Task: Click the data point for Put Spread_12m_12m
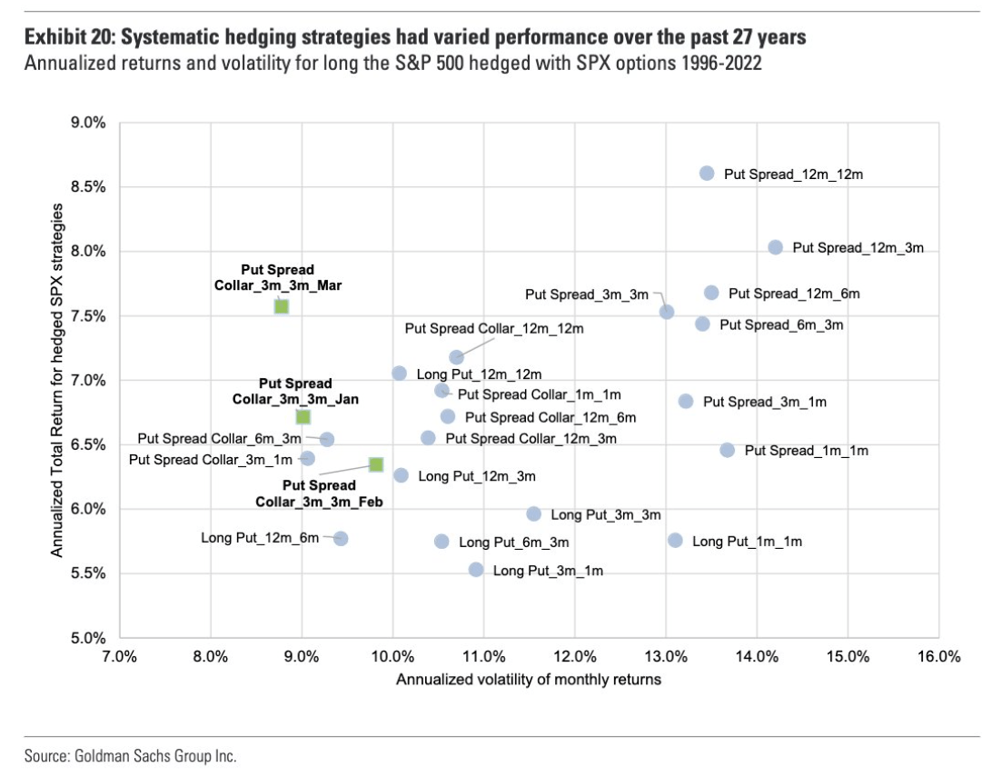(x=707, y=173)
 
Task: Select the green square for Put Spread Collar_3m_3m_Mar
(x=282, y=306)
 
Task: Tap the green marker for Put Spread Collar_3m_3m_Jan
(x=303, y=416)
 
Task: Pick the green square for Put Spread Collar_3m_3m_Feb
(x=376, y=464)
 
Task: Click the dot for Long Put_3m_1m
(x=476, y=570)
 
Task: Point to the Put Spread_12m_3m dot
(x=775, y=247)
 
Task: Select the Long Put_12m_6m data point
(x=341, y=538)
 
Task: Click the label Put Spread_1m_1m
(x=807, y=451)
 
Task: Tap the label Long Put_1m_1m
(x=747, y=542)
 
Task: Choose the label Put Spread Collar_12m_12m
(x=494, y=328)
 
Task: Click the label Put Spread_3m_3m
(x=587, y=294)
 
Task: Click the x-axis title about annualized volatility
(x=528, y=679)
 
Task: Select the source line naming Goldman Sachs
(x=130, y=756)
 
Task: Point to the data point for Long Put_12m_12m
(x=399, y=374)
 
